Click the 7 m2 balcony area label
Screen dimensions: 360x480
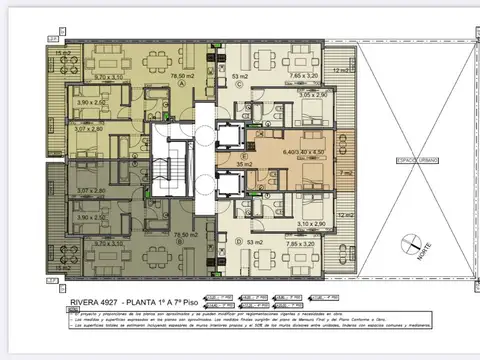(344, 173)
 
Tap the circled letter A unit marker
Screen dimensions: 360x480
(182, 84)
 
